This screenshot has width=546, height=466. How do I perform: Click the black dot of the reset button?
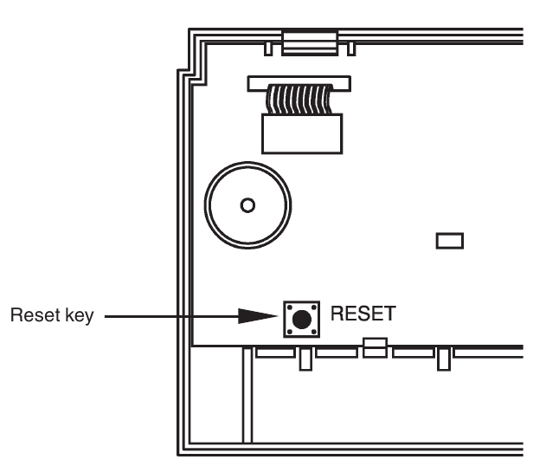pyautogui.click(x=300, y=320)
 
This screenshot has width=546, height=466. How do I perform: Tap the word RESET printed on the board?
pyautogui.click(x=362, y=314)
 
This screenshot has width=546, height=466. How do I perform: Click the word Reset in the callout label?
pyautogui.click(x=29, y=317)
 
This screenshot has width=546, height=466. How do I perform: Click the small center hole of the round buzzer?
pyautogui.click(x=247, y=205)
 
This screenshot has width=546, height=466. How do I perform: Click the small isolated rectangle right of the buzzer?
pyautogui.click(x=450, y=240)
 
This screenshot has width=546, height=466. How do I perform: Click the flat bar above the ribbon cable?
pyautogui.click(x=299, y=83)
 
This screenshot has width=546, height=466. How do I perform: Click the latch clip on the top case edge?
pyautogui.click(x=309, y=43)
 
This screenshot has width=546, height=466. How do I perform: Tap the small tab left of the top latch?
pyautogui.click(x=269, y=45)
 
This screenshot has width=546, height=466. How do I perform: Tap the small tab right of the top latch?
pyautogui.click(x=349, y=45)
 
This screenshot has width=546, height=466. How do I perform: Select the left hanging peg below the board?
pyautogui.click(x=305, y=359)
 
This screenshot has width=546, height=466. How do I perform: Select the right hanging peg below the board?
pyautogui.click(x=443, y=359)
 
